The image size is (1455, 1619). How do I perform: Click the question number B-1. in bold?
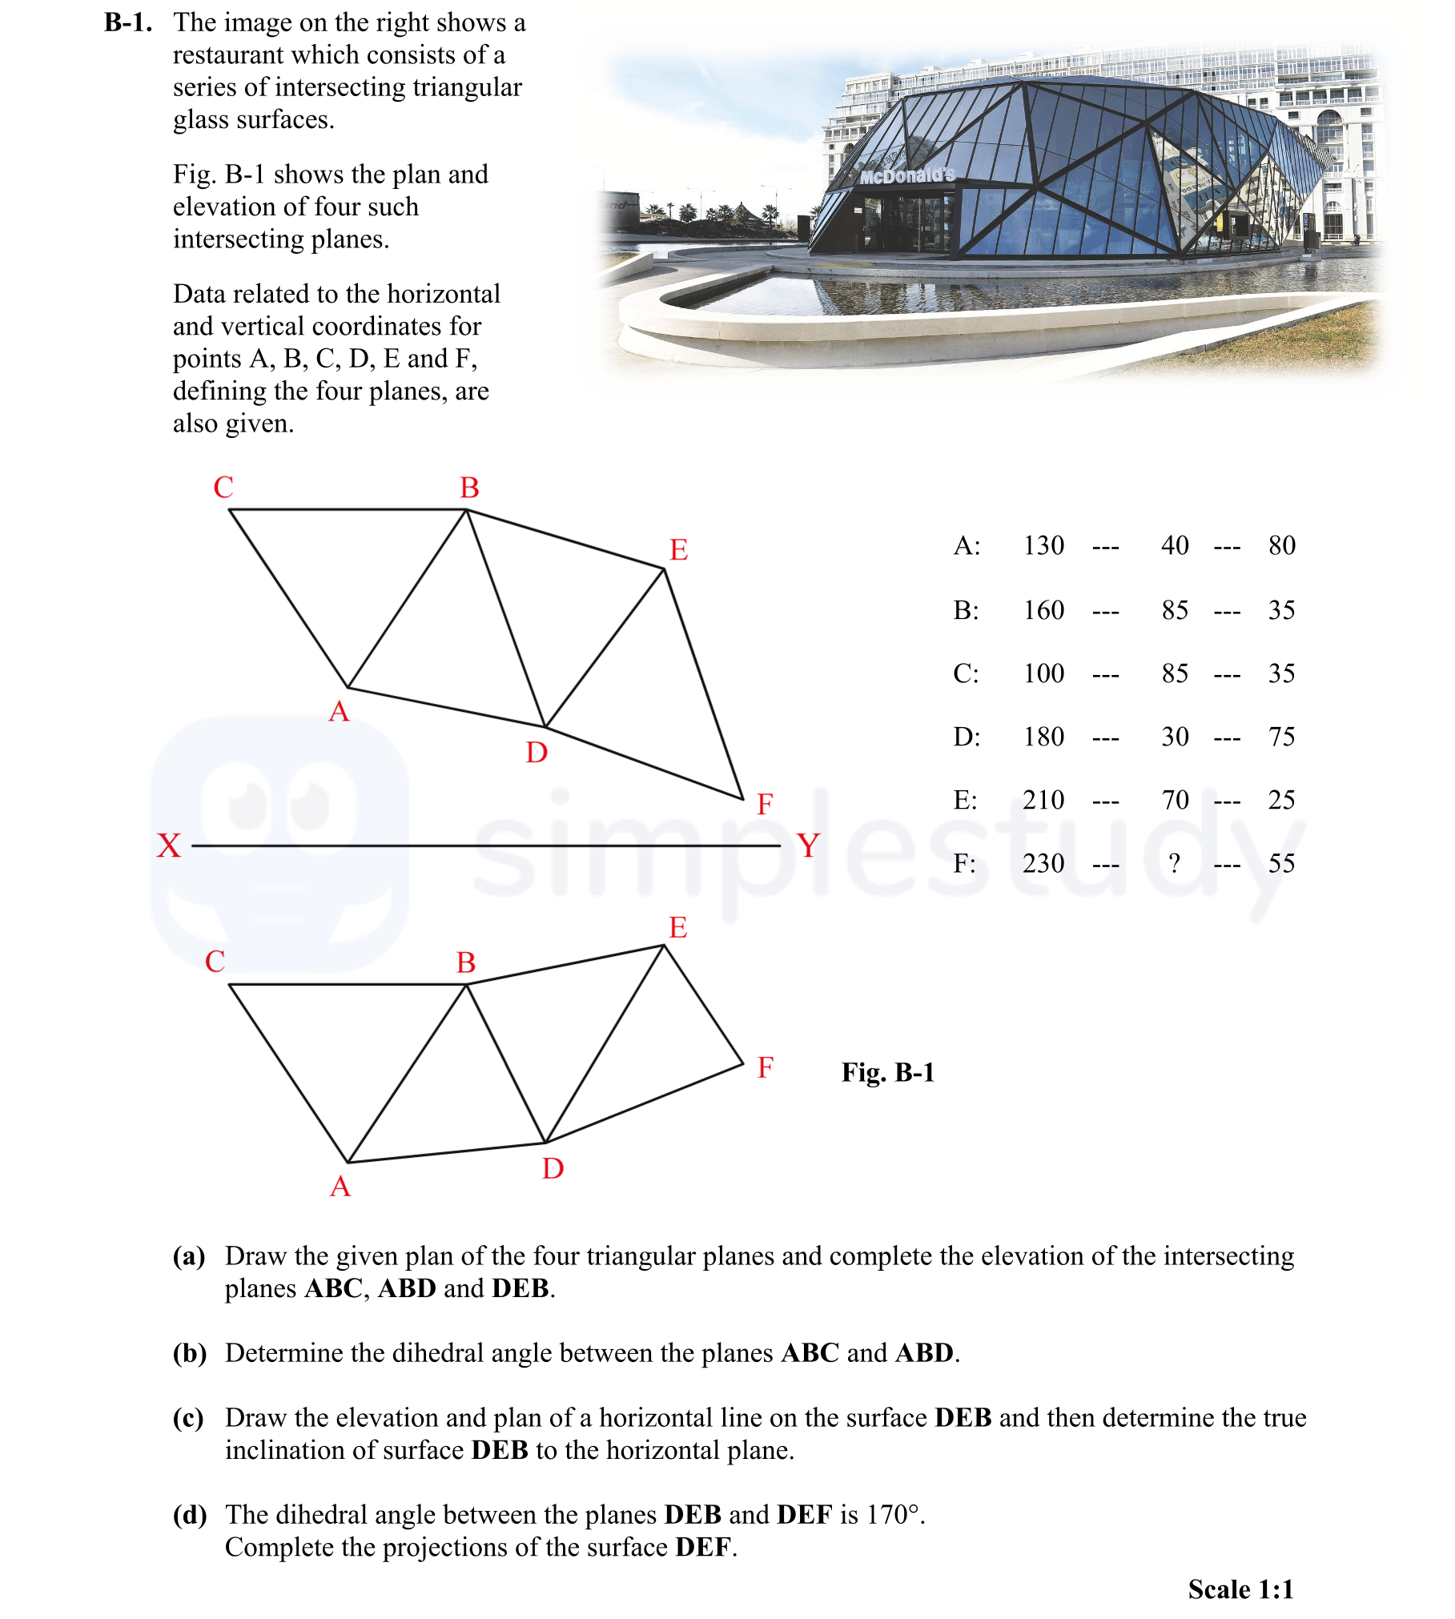coord(128,22)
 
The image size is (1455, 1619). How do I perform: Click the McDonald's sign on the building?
coord(907,175)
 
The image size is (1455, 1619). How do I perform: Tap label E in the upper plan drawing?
coord(678,550)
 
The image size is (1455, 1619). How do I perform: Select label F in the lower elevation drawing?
coord(765,1067)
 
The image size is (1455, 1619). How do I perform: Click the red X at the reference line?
coord(169,846)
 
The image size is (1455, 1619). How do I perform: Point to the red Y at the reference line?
coord(808,846)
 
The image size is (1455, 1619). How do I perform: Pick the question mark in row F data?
coord(1174,863)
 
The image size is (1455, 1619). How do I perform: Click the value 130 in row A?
coord(1043,546)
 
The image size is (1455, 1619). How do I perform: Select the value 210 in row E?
coord(1043,800)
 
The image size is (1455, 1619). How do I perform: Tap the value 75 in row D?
coord(1281,737)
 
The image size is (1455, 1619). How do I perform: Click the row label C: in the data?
coord(966,673)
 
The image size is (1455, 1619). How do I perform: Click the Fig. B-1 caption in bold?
coord(887,1072)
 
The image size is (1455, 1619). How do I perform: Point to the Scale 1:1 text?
coord(1240,1589)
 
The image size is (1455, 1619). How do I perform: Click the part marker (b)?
coord(190,1353)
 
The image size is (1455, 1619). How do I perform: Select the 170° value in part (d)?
coord(893,1515)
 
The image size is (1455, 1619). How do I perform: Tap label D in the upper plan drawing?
coord(537,753)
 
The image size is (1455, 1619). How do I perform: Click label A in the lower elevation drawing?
coord(340,1187)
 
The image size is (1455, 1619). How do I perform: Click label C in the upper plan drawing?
coord(223,488)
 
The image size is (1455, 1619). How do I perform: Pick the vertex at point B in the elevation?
coord(467,985)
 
